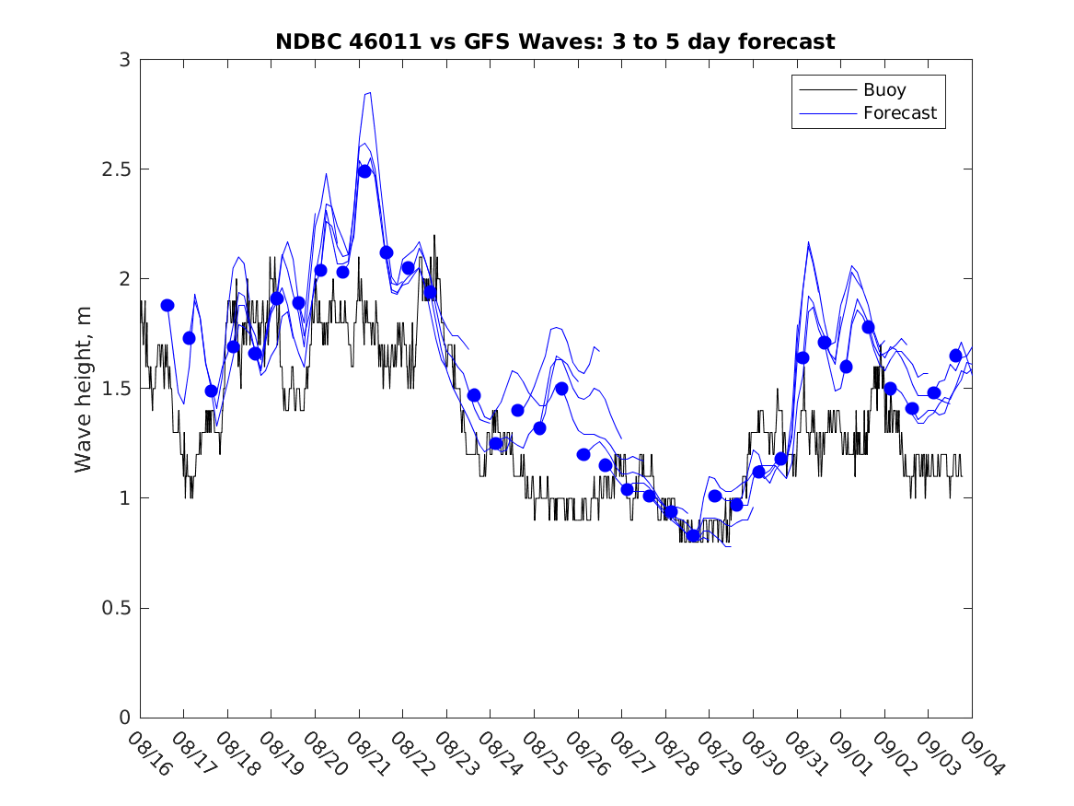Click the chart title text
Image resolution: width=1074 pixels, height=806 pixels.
555,41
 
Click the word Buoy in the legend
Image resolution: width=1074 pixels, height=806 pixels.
883,90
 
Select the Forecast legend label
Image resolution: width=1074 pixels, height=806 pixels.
899,113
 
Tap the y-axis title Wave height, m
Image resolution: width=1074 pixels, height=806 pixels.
84,389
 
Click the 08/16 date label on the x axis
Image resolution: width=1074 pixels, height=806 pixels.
149,754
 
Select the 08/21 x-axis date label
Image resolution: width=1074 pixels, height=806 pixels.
368,754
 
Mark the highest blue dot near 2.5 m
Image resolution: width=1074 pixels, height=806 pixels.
364,171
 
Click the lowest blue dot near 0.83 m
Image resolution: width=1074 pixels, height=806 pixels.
693,535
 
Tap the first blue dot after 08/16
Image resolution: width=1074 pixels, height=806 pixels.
167,305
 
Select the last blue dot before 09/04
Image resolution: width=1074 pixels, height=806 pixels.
955,356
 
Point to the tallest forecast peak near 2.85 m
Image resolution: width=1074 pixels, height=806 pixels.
368,92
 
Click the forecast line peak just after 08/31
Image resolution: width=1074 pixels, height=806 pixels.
808,243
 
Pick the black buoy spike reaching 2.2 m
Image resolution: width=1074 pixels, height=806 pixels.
434,236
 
